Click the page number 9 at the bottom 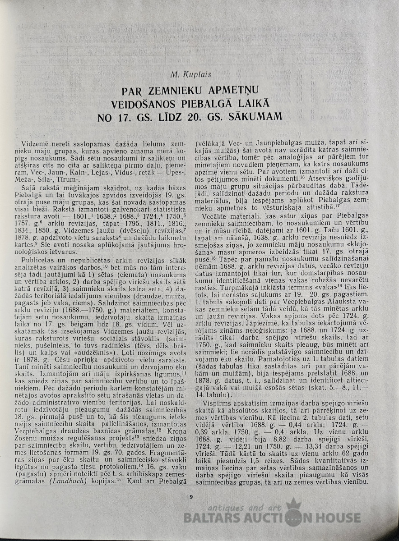(x=192, y=497)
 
